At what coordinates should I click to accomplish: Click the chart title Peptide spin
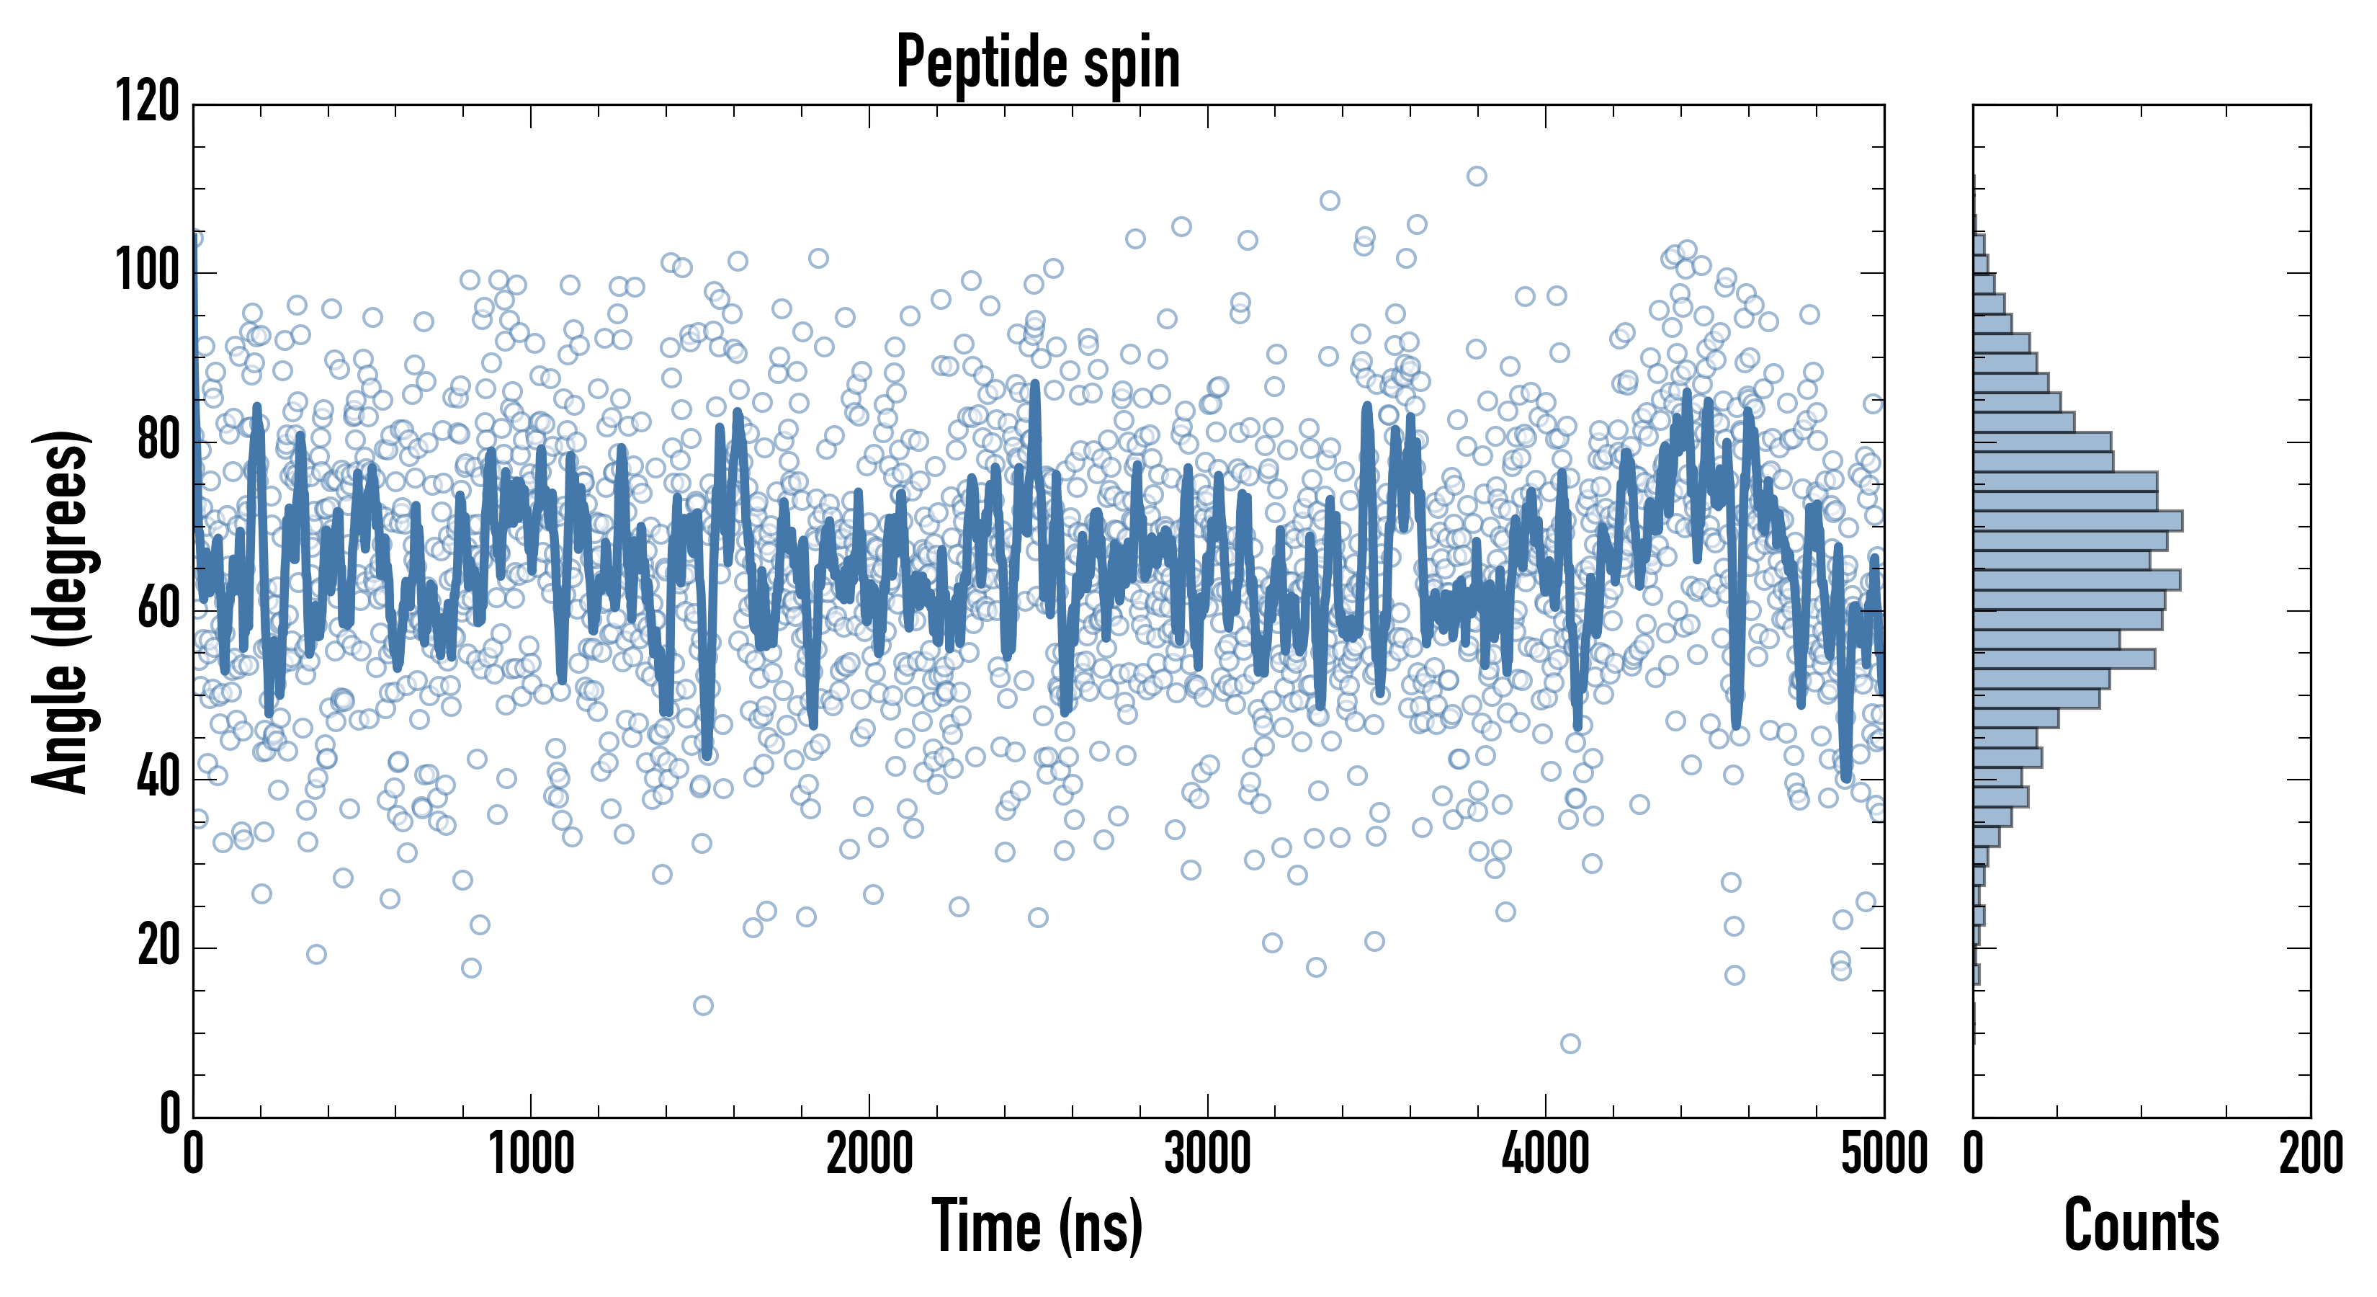point(1038,62)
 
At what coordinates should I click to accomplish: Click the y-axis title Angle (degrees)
point(61,611)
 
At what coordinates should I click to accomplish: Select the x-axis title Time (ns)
point(1038,1226)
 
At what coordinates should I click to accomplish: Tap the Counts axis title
point(2141,1226)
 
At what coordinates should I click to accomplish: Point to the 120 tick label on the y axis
point(148,102)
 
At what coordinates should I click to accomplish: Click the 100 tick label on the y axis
point(148,272)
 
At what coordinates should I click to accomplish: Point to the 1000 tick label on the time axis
point(531,1154)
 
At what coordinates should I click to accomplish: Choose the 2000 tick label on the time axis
point(869,1154)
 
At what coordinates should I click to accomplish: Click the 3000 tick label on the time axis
point(1207,1154)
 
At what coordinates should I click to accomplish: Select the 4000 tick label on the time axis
point(1546,1154)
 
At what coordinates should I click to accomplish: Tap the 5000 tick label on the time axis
point(1884,1154)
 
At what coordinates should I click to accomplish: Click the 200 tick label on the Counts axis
point(2311,1154)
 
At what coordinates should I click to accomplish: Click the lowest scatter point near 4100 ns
point(1570,1044)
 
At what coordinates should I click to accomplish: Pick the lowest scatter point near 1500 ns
point(703,1005)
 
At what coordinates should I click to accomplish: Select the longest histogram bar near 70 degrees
point(2078,521)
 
